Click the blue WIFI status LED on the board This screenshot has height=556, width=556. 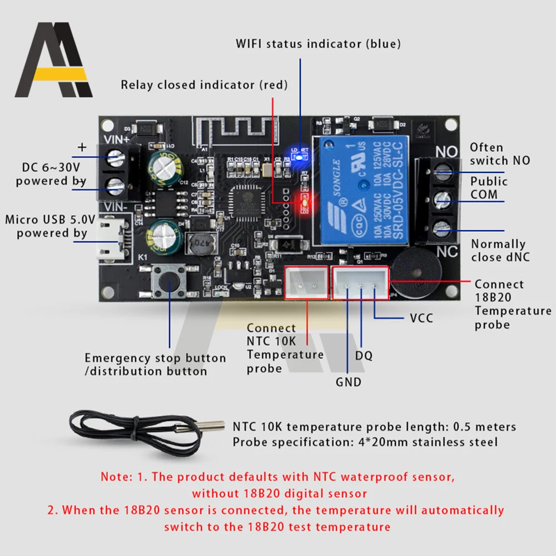tap(299, 157)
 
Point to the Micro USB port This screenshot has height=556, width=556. tap(111, 239)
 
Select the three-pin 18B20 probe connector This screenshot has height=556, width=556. tap(360, 283)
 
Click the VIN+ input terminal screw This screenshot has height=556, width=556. tap(116, 157)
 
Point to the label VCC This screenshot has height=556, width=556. tap(421, 319)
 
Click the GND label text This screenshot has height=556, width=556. tap(348, 382)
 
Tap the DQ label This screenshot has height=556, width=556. tap(364, 355)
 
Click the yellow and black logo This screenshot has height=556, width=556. tap(54, 61)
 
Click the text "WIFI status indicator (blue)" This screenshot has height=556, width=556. tap(318, 43)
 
